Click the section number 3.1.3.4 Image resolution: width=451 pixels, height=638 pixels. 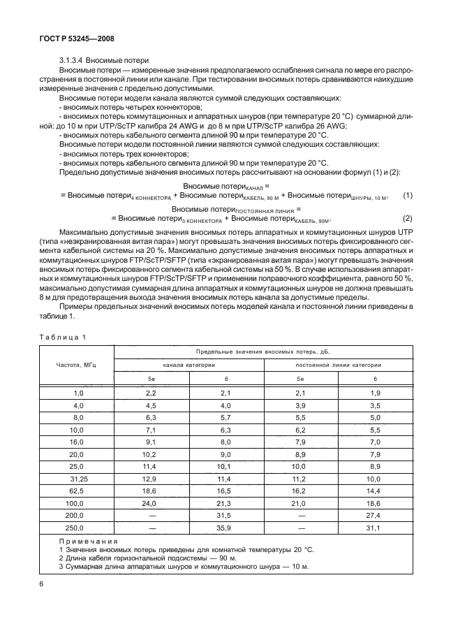point(73,61)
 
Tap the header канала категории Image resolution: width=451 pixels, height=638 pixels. point(188,364)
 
